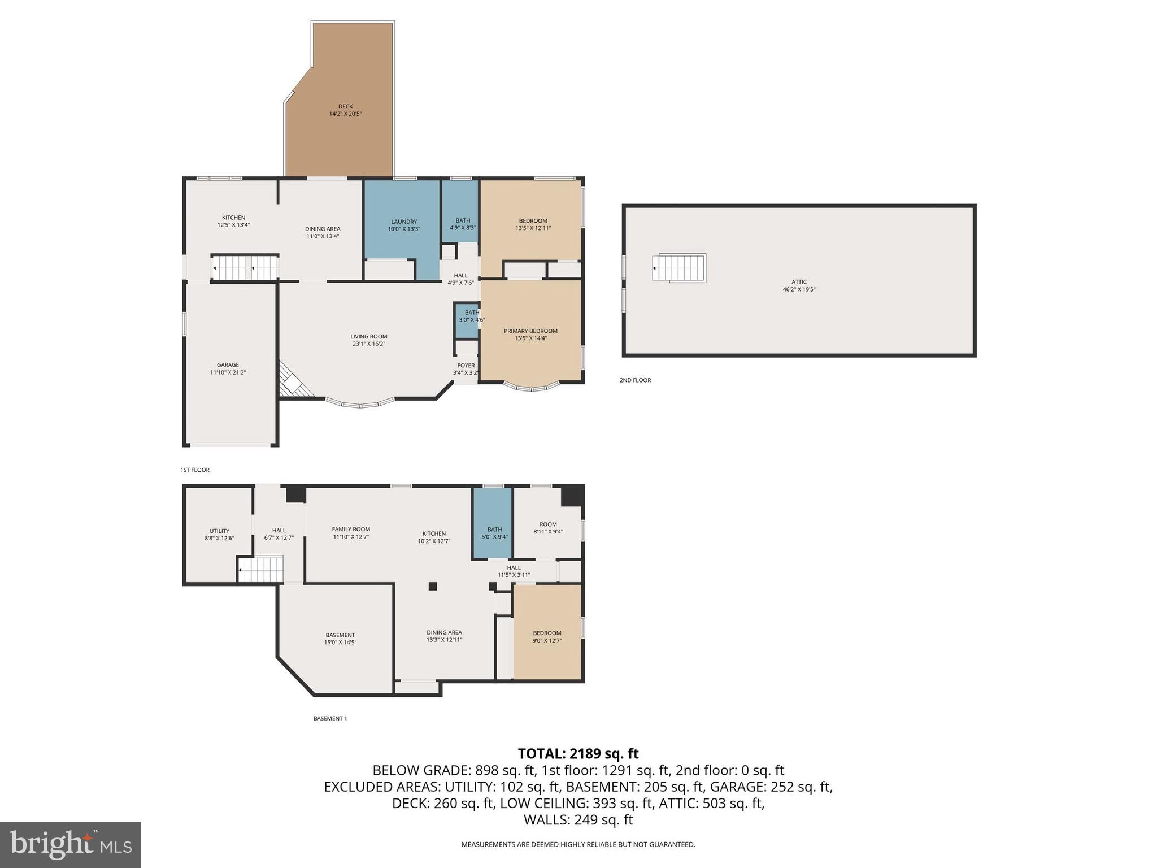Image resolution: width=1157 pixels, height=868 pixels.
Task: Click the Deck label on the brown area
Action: point(345,107)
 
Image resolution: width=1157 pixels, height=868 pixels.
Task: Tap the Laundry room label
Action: point(403,222)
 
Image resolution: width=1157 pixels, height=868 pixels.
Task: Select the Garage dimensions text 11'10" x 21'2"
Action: point(228,372)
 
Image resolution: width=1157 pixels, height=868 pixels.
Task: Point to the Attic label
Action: point(799,282)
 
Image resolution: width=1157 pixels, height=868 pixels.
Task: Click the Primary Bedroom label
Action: point(530,331)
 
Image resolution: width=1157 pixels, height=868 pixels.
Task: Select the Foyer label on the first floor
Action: point(466,366)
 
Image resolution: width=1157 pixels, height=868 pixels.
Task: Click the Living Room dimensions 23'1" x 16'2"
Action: point(368,344)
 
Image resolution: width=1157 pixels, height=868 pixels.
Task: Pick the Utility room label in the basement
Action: point(219,531)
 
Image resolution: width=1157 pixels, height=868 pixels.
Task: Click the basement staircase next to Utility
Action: point(260,569)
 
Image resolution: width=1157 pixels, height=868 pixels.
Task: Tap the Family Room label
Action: point(351,530)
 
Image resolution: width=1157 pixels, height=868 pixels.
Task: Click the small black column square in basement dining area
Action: point(433,586)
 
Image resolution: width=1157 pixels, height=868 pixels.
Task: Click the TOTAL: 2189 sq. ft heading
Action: point(578,753)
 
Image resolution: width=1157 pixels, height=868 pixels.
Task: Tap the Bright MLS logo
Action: point(71,844)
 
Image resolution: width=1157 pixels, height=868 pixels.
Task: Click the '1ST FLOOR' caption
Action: point(195,470)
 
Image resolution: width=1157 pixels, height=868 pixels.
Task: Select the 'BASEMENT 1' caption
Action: point(330,719)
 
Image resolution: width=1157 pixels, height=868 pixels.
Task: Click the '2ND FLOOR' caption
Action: point(635,380)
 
